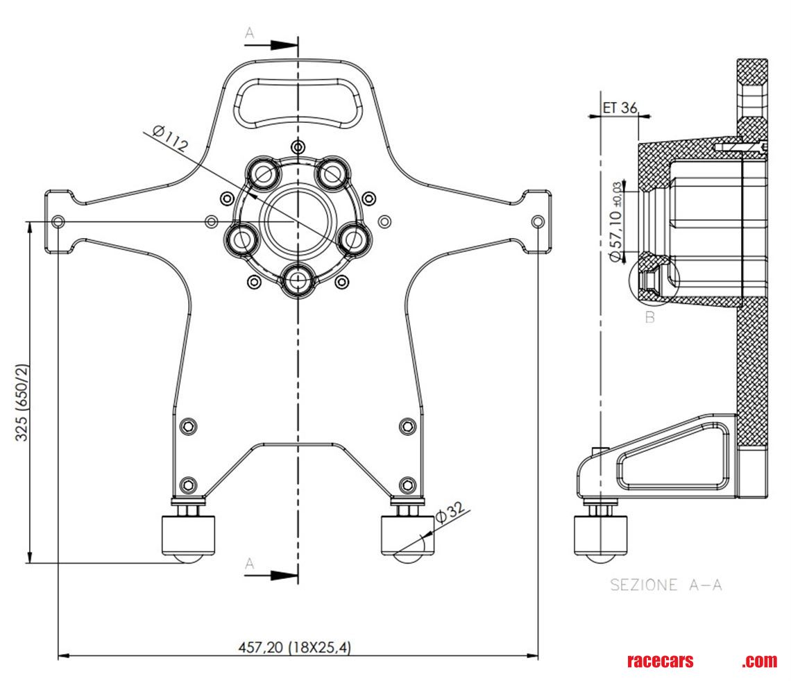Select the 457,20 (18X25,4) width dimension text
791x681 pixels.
[295, 647]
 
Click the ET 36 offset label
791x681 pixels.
[620, 108]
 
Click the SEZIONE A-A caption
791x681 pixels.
[665, 585]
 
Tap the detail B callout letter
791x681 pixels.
[650, 319]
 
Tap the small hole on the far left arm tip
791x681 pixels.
[58, 221]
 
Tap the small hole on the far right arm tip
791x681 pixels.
[538, 221]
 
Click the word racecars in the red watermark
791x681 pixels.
[660, 661]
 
